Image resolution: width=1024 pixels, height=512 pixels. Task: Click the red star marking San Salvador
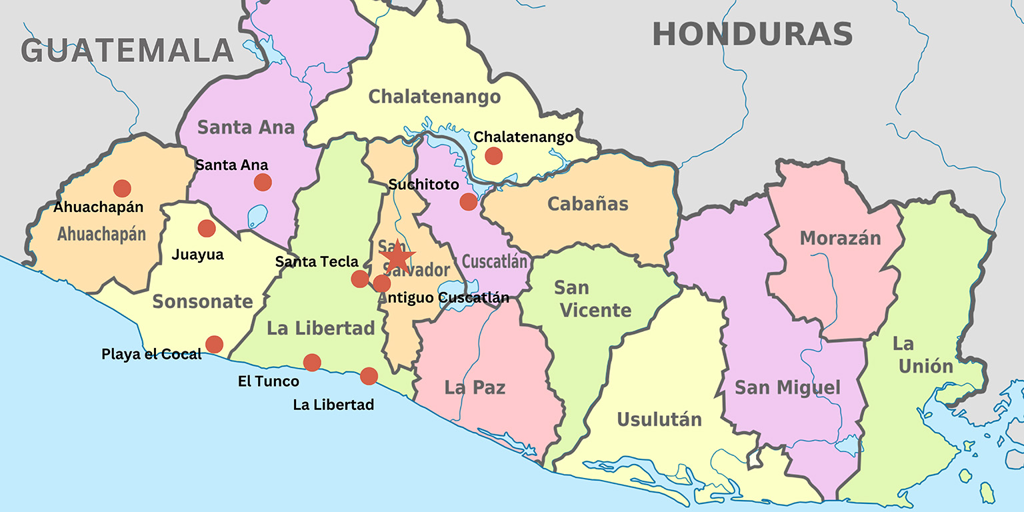[x=397, y=256]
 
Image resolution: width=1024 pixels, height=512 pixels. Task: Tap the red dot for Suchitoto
[x=469, y=201]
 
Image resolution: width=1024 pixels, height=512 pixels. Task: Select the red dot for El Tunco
[x=312, y=363]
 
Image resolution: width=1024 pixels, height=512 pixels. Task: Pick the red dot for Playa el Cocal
[x=214, y=345]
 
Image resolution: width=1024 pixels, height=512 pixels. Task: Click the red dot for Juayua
[x=207, y=229]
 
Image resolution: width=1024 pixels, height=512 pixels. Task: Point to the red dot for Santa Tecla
[x=360, y=279]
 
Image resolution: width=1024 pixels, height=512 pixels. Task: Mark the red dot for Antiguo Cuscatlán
[x=381, y=284]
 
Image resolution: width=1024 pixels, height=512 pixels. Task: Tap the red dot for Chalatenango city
[x=493, y=156]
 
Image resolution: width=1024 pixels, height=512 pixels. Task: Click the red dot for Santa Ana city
[x=263, y=182]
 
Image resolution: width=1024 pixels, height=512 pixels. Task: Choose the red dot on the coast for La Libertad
[x=369, y=377]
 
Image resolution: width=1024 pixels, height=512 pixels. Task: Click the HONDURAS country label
[x=752, y=34]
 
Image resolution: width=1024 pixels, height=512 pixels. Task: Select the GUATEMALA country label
[x=127, y=51]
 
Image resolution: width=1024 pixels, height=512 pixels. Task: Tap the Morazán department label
[x=840, y=238]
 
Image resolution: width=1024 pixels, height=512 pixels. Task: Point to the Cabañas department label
[x=587, y=203]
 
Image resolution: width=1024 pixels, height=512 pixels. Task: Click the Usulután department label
[x=659, y=419]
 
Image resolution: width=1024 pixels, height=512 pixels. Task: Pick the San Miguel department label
[x=787, y=387]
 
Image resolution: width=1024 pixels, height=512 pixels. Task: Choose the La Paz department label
[x=475, y=387]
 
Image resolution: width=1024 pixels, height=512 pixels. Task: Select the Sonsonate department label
[x=203, y=302]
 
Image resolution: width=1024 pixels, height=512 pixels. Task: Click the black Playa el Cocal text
[x=151, y=354]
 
